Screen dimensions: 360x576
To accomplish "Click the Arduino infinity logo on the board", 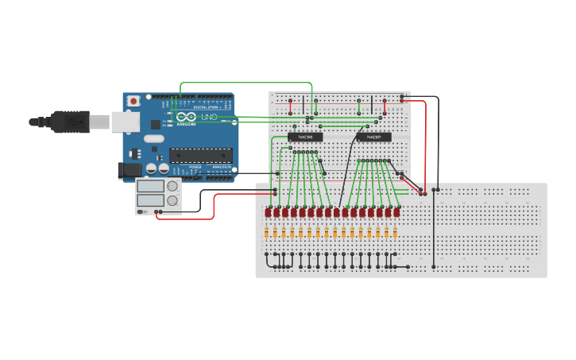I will pos(187,117).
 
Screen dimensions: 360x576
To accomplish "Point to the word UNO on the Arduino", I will pos(208,117).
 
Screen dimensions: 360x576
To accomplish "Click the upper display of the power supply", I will pos(150,186).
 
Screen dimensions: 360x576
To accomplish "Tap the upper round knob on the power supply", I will pos(172,187).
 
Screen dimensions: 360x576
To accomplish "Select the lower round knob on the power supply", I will pos(172,200).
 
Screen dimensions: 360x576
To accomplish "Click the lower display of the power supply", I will pos(150,200).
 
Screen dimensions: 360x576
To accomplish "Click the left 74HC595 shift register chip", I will pos(305,137).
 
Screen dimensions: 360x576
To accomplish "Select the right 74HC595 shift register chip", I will pos(373,137).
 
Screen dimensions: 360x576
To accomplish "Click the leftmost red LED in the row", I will pos(269,212).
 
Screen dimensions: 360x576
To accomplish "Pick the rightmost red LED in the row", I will pos(396,212).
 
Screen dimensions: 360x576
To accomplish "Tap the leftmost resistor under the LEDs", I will pos(268,233).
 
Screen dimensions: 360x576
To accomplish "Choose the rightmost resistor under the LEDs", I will pos(396,233).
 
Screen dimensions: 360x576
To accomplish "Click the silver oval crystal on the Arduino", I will pos(154,139).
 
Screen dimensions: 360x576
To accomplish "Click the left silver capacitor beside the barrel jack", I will pos(150,169).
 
